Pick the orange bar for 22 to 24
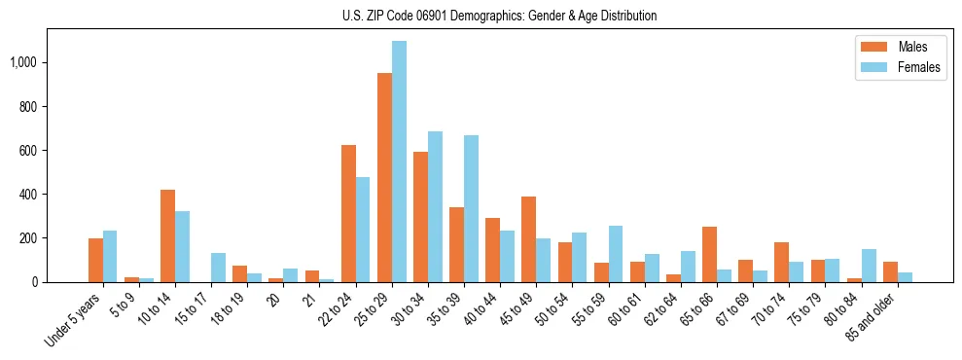click(348, 213)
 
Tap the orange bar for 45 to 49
click(528, 239)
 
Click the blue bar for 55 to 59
click(616, 254)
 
